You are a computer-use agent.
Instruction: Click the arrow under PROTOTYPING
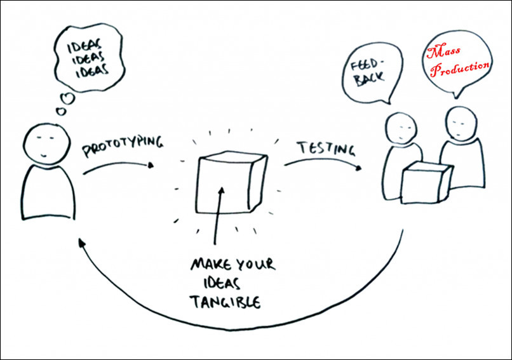118,166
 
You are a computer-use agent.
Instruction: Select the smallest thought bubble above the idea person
62,111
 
